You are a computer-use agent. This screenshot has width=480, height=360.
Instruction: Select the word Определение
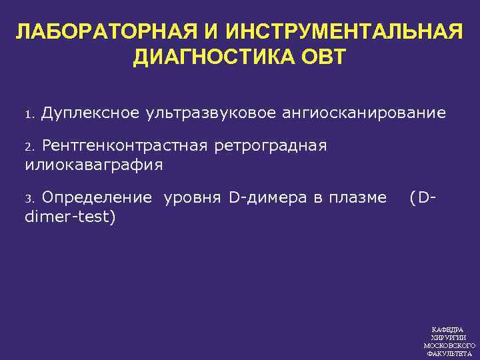pyautogui.click(x=96, y=197)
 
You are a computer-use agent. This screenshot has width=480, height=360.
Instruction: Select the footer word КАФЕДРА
pyautogui.click(x=448, y=329)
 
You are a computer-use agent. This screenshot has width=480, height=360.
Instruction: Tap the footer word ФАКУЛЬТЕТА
pyautogui.click(x=448, y=354)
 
